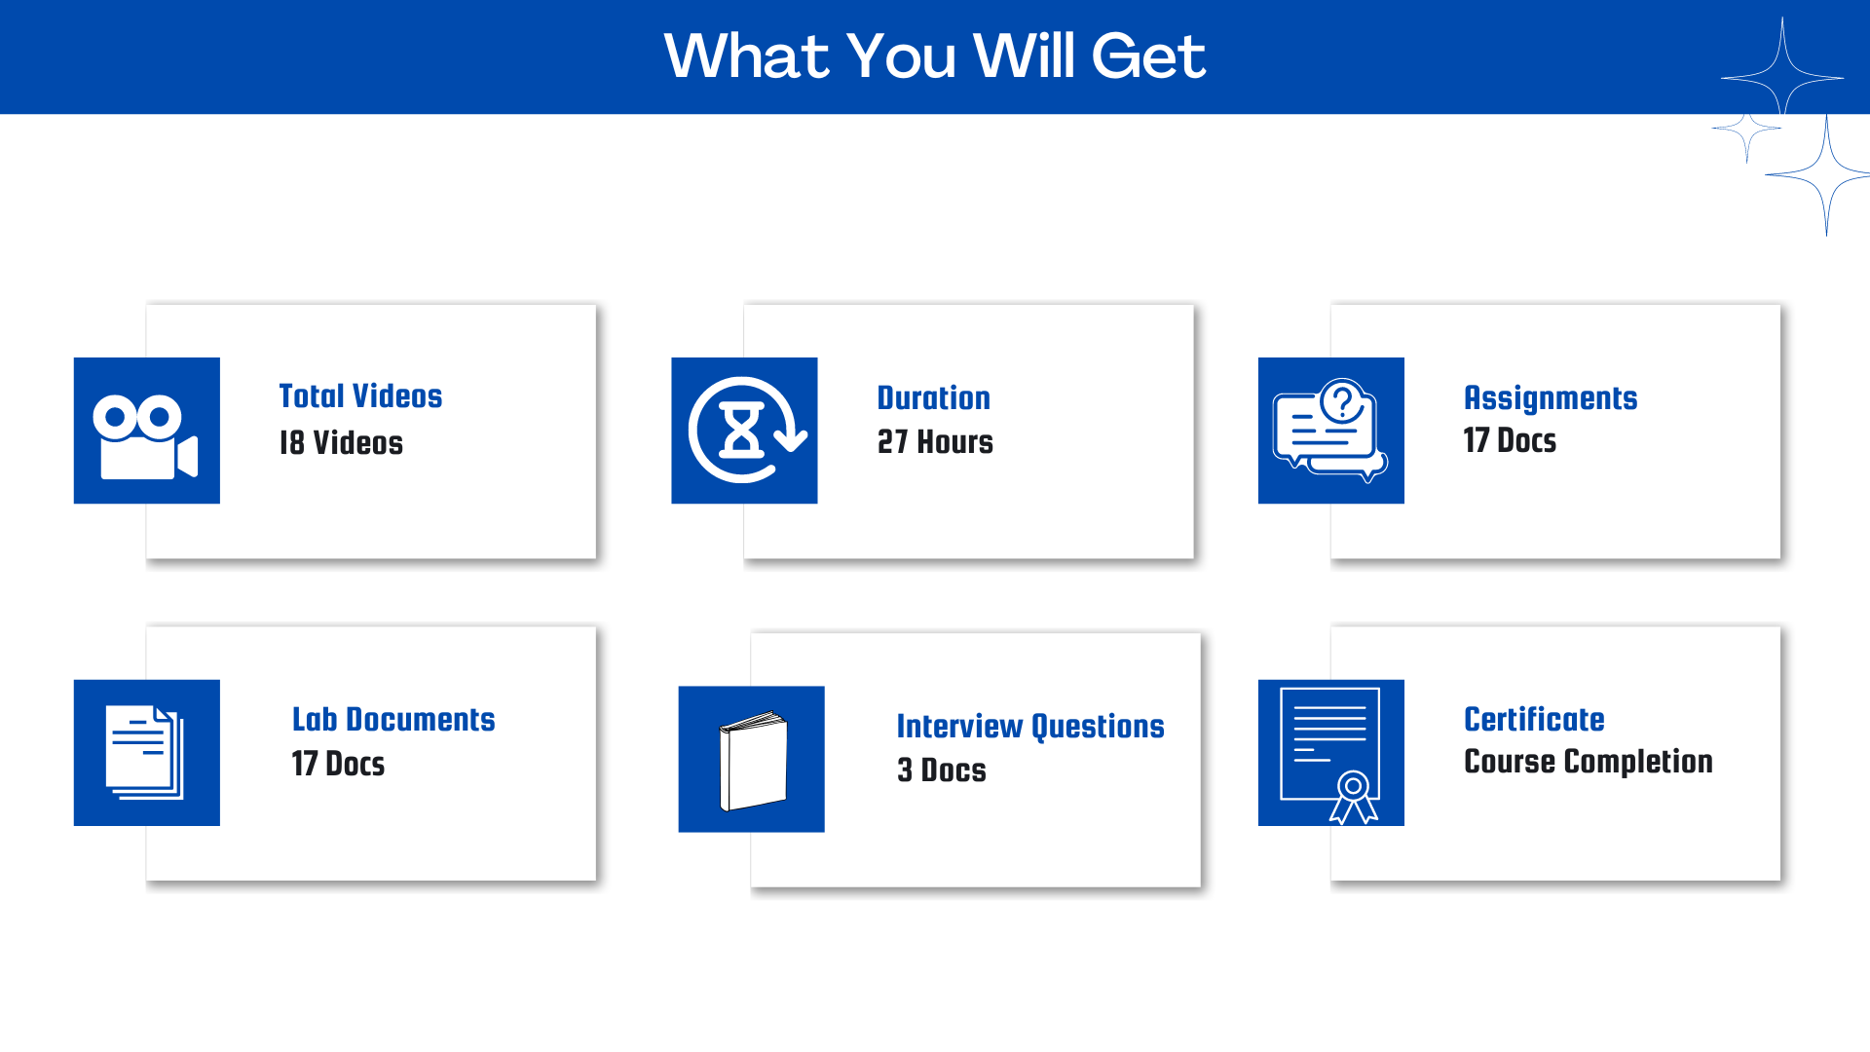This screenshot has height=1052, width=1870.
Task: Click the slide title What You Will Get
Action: point(935,56)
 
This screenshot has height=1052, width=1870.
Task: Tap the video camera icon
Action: point(146,436)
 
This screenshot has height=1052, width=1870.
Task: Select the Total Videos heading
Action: point(360,396)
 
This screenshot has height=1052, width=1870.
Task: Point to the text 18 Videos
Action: point(341,443)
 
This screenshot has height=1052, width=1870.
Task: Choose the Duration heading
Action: point(933,398)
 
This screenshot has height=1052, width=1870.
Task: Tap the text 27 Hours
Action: point(935,442)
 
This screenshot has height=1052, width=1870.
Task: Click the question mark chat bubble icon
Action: point(1330,431)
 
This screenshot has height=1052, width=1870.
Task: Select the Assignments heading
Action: point(1551,398)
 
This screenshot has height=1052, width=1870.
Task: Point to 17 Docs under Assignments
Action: point(1510,440)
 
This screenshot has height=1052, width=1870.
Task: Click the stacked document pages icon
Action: point(145,753)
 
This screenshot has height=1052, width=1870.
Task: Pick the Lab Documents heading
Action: point(393,720)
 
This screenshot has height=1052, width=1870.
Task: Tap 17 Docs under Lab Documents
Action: point(338,764)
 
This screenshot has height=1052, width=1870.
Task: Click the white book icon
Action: point(753,761)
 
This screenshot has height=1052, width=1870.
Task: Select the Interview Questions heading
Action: point(1030,727)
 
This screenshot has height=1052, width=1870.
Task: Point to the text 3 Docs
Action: point(942,770)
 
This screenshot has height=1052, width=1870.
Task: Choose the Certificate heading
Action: point(1534,720)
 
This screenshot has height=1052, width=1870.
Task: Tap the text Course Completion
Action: point(1589,762)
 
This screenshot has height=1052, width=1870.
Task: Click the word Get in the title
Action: point(1148,56)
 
